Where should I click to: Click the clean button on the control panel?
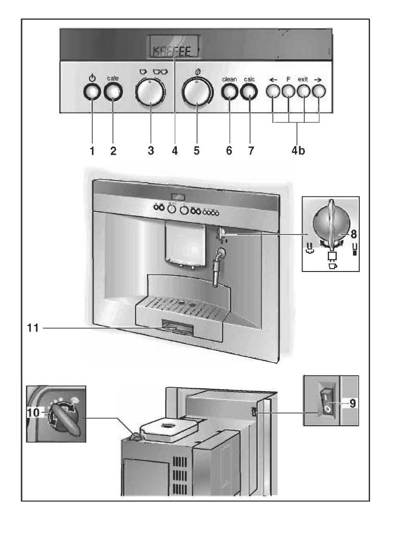(229, 92)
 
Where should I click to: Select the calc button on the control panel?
(249, 92)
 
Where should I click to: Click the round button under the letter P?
(288, 92)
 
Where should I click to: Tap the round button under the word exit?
(304, 92)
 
